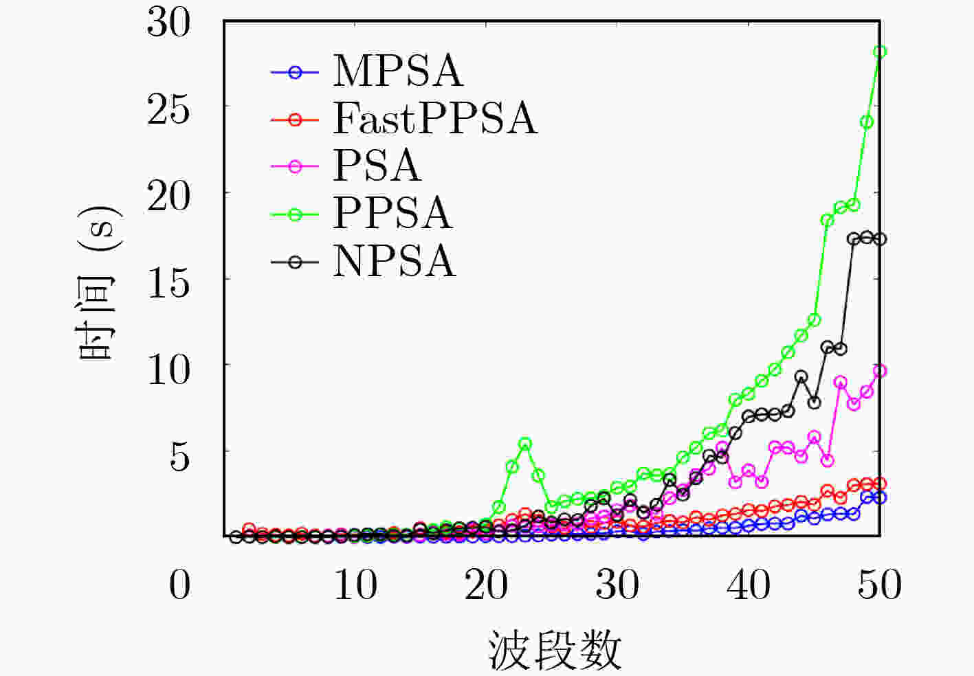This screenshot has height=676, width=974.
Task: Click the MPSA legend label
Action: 398,71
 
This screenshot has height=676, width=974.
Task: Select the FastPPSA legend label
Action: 435,119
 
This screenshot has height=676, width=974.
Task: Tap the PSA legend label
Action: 377,166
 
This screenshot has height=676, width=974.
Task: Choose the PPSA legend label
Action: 392,214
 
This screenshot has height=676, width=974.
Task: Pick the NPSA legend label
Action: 395,261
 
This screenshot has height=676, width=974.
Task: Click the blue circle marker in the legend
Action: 296,72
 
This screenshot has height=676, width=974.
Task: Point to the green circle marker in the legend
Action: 296,214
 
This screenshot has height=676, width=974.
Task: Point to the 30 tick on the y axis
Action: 168,23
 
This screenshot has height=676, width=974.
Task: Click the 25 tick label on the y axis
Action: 168,111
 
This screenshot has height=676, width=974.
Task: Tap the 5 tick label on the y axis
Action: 179,457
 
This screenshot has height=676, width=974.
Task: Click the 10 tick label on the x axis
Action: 355,585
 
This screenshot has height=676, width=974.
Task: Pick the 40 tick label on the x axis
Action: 749,585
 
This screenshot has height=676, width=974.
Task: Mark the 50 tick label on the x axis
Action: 880,585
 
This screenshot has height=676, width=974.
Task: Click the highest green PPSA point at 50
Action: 880,52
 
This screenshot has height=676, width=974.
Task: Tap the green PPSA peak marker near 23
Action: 525,444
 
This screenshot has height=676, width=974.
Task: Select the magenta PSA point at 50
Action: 880,370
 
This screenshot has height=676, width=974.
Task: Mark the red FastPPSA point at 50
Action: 880,484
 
